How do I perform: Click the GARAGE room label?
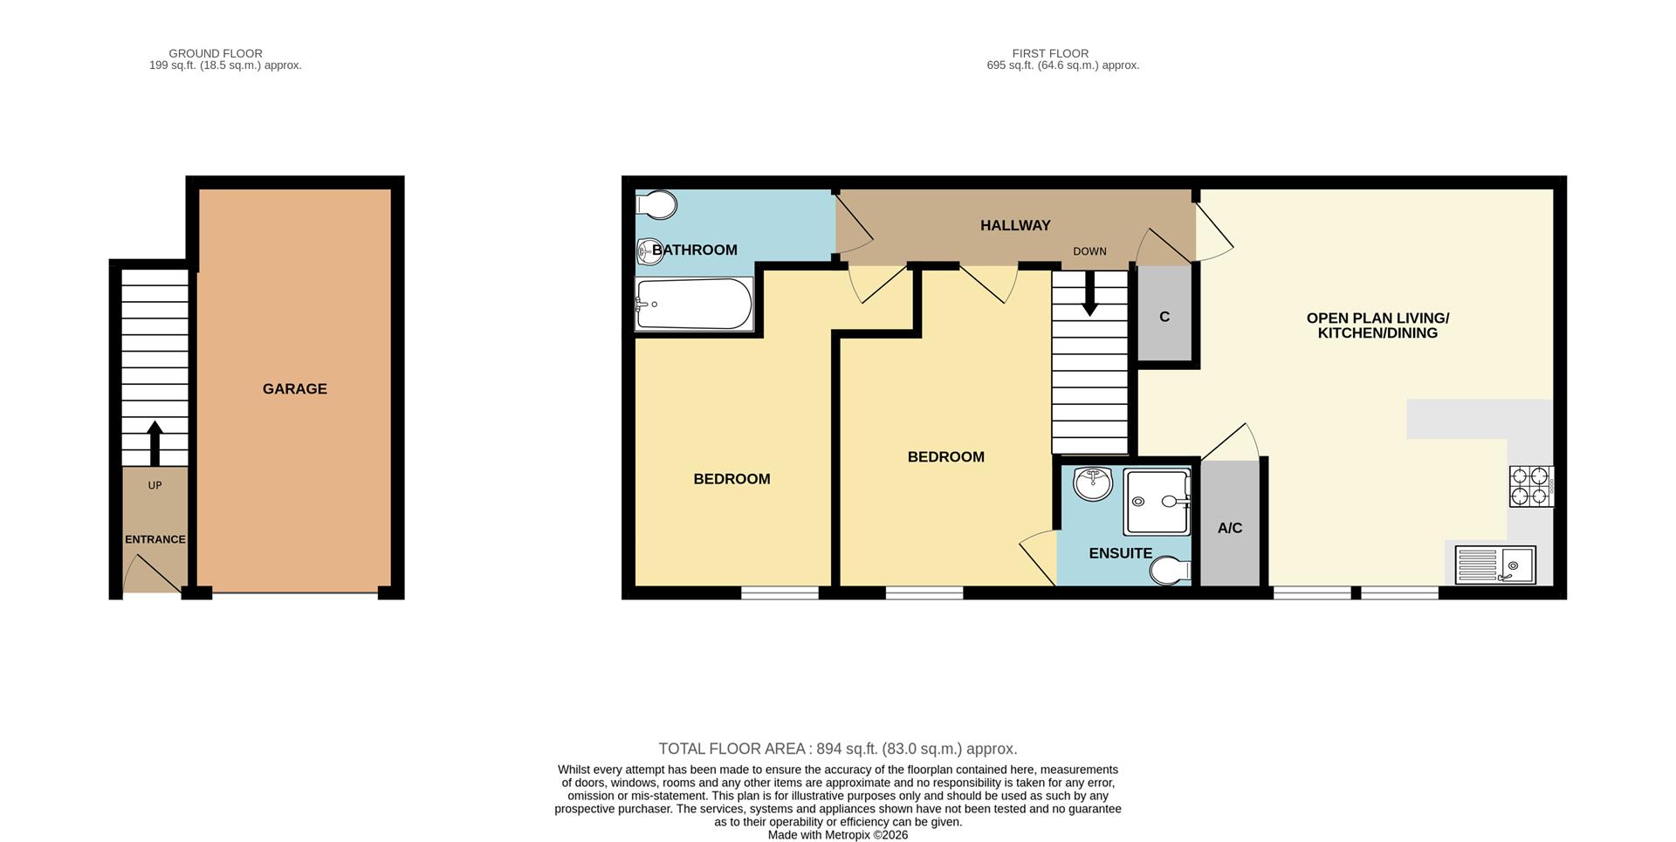295,389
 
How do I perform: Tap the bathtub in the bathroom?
694,304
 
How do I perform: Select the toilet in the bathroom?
656,206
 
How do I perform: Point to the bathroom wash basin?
650,251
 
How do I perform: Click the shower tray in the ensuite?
1157,502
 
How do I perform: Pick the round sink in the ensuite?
1093,483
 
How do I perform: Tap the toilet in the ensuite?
1171,572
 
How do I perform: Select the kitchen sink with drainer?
1495,565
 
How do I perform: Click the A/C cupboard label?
1230,528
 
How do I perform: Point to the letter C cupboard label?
1164,317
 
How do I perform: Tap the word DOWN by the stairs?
1089,251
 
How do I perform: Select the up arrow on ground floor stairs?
155,443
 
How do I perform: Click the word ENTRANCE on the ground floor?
155,539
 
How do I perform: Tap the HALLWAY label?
1015,225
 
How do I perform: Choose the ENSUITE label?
1121,553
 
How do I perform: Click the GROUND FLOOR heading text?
216,53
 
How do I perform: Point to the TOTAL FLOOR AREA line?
838,749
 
